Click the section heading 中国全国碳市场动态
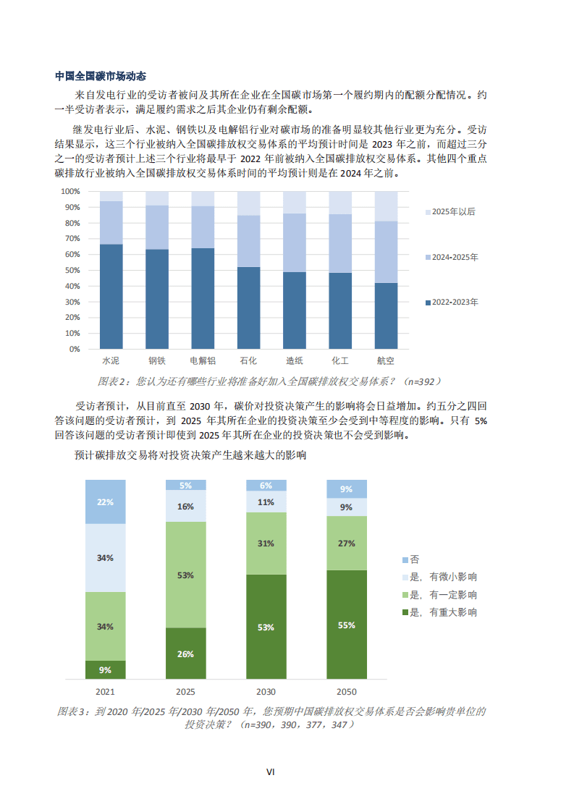coord(101,76)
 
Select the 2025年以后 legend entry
coord(453,212)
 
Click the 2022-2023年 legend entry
coord(453,302)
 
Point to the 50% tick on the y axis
coord(70,270)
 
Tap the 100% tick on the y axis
coord(70,192)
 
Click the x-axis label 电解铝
coord(203,360)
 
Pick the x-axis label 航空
coord(385,360)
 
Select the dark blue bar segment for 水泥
coord(111,297)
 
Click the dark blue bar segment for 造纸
coord(294,310)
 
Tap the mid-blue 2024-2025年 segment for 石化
coord(248,241)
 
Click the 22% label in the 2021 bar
coord(105,502)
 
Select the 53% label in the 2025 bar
coord(185,575)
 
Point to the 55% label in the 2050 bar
coord(346,625)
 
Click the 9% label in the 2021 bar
coord(105,670)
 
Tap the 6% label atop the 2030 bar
coord(266,486)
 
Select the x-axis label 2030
coord(266,692)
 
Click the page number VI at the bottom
coord(270,772)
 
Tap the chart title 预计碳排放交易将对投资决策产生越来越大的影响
coord(190,456)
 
